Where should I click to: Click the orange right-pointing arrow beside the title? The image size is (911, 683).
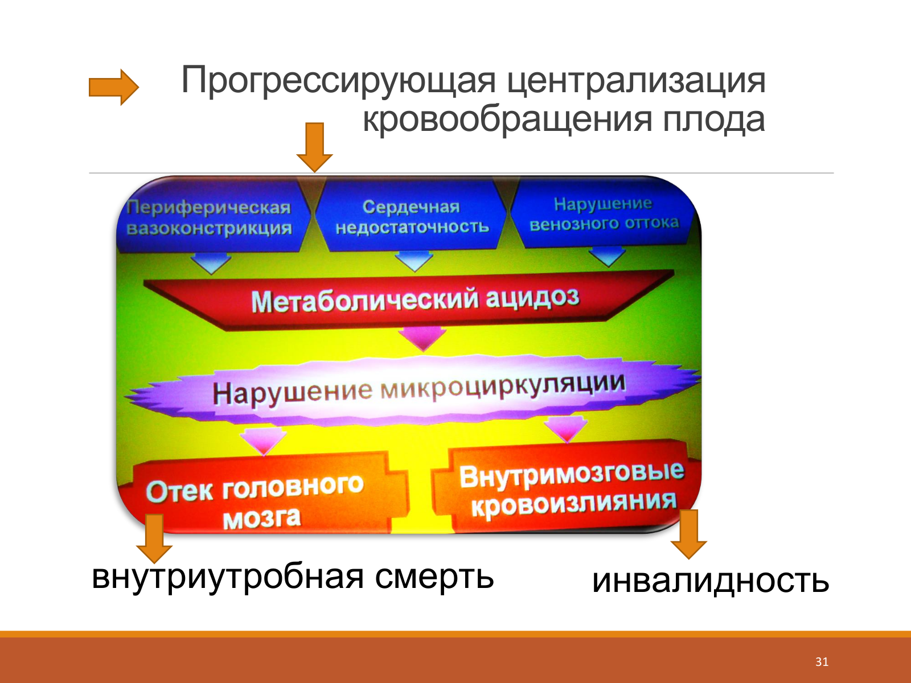point(114,87)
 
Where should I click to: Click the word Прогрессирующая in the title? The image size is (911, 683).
point(338,81)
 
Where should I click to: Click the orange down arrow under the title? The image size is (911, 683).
point(315,147)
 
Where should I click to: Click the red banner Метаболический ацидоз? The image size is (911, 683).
point(409,300)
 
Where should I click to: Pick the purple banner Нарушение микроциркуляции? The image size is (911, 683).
point(413,390)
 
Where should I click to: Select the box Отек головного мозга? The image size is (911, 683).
point(266,496)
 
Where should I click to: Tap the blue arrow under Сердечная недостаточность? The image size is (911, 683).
point(414,261)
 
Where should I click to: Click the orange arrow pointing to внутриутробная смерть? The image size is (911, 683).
point(154,538)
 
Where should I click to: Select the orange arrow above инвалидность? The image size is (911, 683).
point(688,534)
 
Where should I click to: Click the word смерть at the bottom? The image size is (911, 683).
point(434,577)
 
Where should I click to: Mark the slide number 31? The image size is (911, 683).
point(822,661)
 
